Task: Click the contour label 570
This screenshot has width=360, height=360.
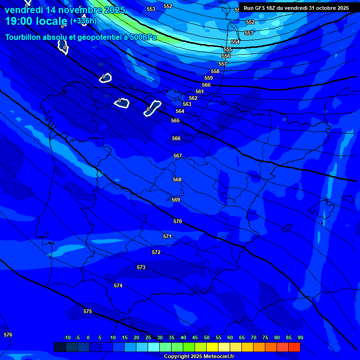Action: (x=178, y=221)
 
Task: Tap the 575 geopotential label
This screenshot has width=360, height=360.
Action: (x=88, y=311)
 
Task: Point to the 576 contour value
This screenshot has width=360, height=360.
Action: (x=8, y=335)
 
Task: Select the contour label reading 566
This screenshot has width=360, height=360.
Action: (x=176, y=138)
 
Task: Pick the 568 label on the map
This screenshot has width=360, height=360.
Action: (x=177, y=180)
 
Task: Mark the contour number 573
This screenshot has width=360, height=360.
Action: (x=141, y=267)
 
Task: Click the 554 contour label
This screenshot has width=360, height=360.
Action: (x=235, y=42)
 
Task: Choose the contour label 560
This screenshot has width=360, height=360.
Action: (x=206, y=85)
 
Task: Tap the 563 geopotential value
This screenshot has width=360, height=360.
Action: (x=187, y=104)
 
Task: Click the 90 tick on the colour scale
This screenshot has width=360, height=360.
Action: (x=300, y=337)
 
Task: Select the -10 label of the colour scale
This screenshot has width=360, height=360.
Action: (x=67, y=337)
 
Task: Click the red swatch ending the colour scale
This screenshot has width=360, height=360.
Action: (x=294, y=347)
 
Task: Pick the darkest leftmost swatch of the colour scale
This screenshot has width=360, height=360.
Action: (x=60, y=347)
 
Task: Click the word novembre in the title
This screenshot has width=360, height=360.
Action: (x=76, y=10)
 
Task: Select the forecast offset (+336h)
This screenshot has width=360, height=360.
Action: (x=83, y=21)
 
